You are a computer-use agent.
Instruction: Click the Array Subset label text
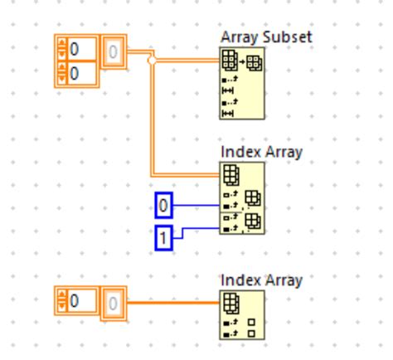tap(254, 38)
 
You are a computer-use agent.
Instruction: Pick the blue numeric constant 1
tap(164, 238)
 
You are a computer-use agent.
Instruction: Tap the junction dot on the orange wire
tap(151, 61)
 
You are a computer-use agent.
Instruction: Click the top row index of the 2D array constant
tap(80, 51)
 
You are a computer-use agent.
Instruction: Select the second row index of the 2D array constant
tap(80, 74)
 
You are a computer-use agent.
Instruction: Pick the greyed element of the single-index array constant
tap(114, 303)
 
